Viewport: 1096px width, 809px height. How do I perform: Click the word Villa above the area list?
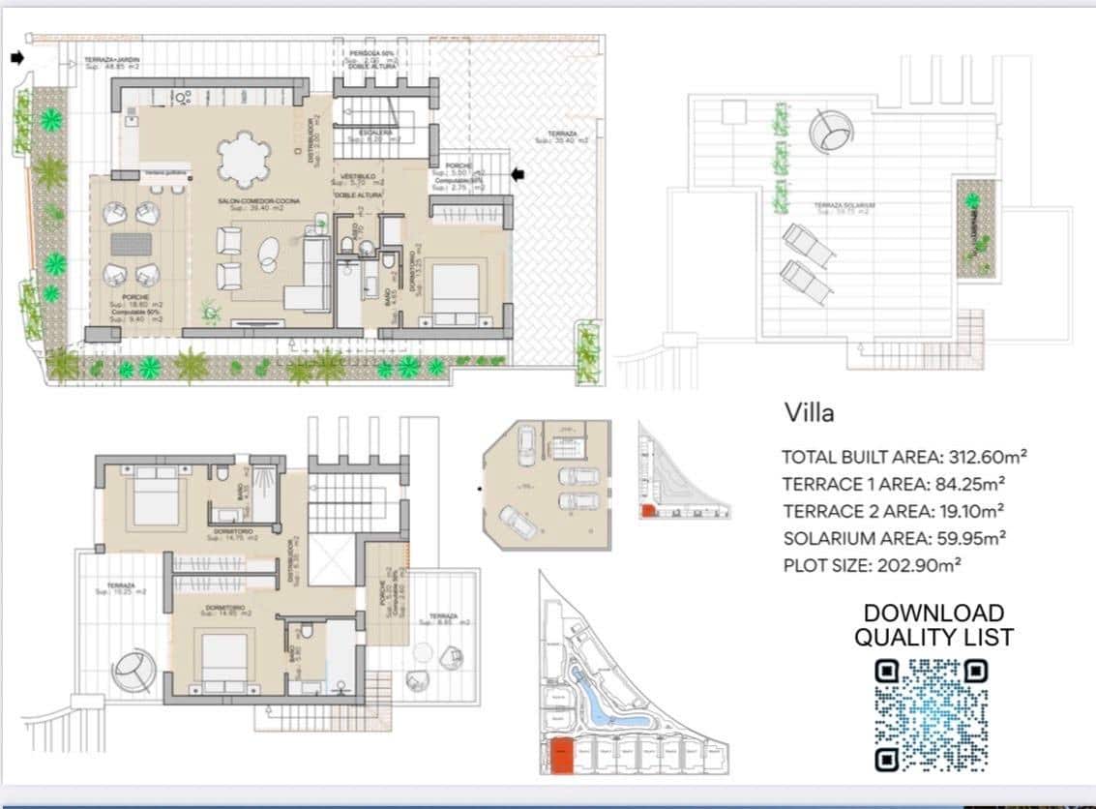pyautogui.click(x=808, y=413)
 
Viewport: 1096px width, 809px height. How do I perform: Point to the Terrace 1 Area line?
pyautogui.click(x=893, y=484)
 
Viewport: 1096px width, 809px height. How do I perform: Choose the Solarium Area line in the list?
pyautogui.click(x=893, y=538)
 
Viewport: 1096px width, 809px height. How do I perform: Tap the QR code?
pyautogui.click(x=932, y=714)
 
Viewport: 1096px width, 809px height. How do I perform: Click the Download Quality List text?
pyautogui.click(x=933, y=625)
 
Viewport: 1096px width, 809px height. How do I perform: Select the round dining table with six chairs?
pyautogui.click(x=244, y=159)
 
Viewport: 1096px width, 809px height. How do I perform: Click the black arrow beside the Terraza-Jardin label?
pyautogui.click(x=16, y=59)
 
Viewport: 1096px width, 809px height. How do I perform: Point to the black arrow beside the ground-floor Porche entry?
pyautogui.click(x=518, y=174)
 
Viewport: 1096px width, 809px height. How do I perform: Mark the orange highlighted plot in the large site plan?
pyautogui.click(x=561, y=755)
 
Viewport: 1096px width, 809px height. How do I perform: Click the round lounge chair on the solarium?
pyautogui.click(x=831, y=129)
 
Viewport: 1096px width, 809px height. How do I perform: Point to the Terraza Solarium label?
pyautogui.click(x=844, y=205)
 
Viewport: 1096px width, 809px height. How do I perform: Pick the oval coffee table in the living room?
pyautogui.click(x=269, y=254)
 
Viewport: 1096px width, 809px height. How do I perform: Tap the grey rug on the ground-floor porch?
pyautogui.click(x=132, y=244)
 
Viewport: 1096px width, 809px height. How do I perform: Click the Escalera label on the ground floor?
pyautogui.click(x=374, y=133)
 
